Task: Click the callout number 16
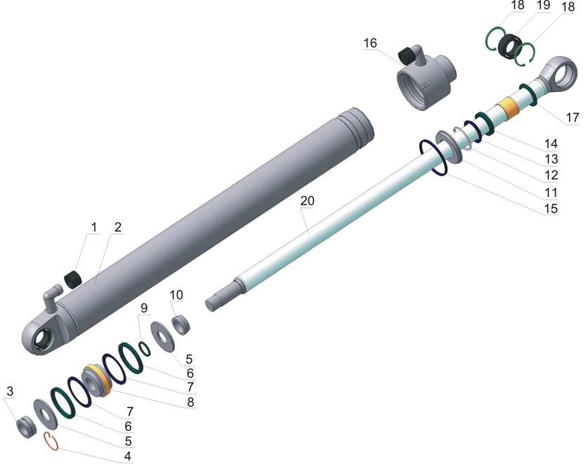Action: pyautogui.click(x=370, y=43)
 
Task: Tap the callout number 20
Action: pyautogui.click(x=307, y=201)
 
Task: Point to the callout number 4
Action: pyautogui.click(x=127, y=456)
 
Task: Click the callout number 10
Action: pyautogui.click(x=176, y=295)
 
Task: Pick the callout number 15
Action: pyautogui.click(x=551, y=208)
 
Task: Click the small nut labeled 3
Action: pyautogui.click(x=25, y=427)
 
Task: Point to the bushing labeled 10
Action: pyautogui.click(x=181, y=324)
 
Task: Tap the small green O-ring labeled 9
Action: pyautogui.click(x=145, y=349)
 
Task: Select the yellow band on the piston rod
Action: pyautogui.click(x=507, y=107)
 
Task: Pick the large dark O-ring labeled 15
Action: pyautogui.click(x=433, y=157)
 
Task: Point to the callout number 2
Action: pyautogui.click(x=118, y=227)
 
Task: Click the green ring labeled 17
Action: pyautogui.click(x=528, y=95)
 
